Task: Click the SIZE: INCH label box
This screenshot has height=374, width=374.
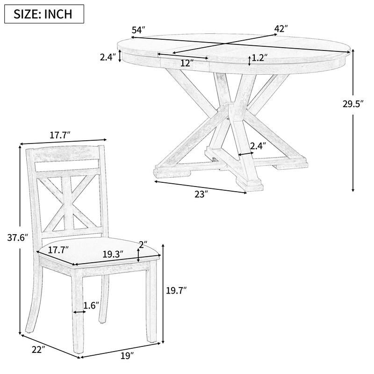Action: (x=44, y=14)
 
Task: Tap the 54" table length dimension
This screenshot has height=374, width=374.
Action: (x=138, y=30)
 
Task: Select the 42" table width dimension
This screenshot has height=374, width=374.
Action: (x=280, y=29)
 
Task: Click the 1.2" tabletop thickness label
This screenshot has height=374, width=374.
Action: (x=259, y=58)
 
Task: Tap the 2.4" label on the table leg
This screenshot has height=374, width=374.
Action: (x=258, y=146)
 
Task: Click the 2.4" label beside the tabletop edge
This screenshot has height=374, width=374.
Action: (x=107, y=58)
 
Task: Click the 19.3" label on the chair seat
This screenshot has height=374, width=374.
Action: (x=113, y=254)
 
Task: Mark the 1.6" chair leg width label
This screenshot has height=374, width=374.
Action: (x=91, y=306)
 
